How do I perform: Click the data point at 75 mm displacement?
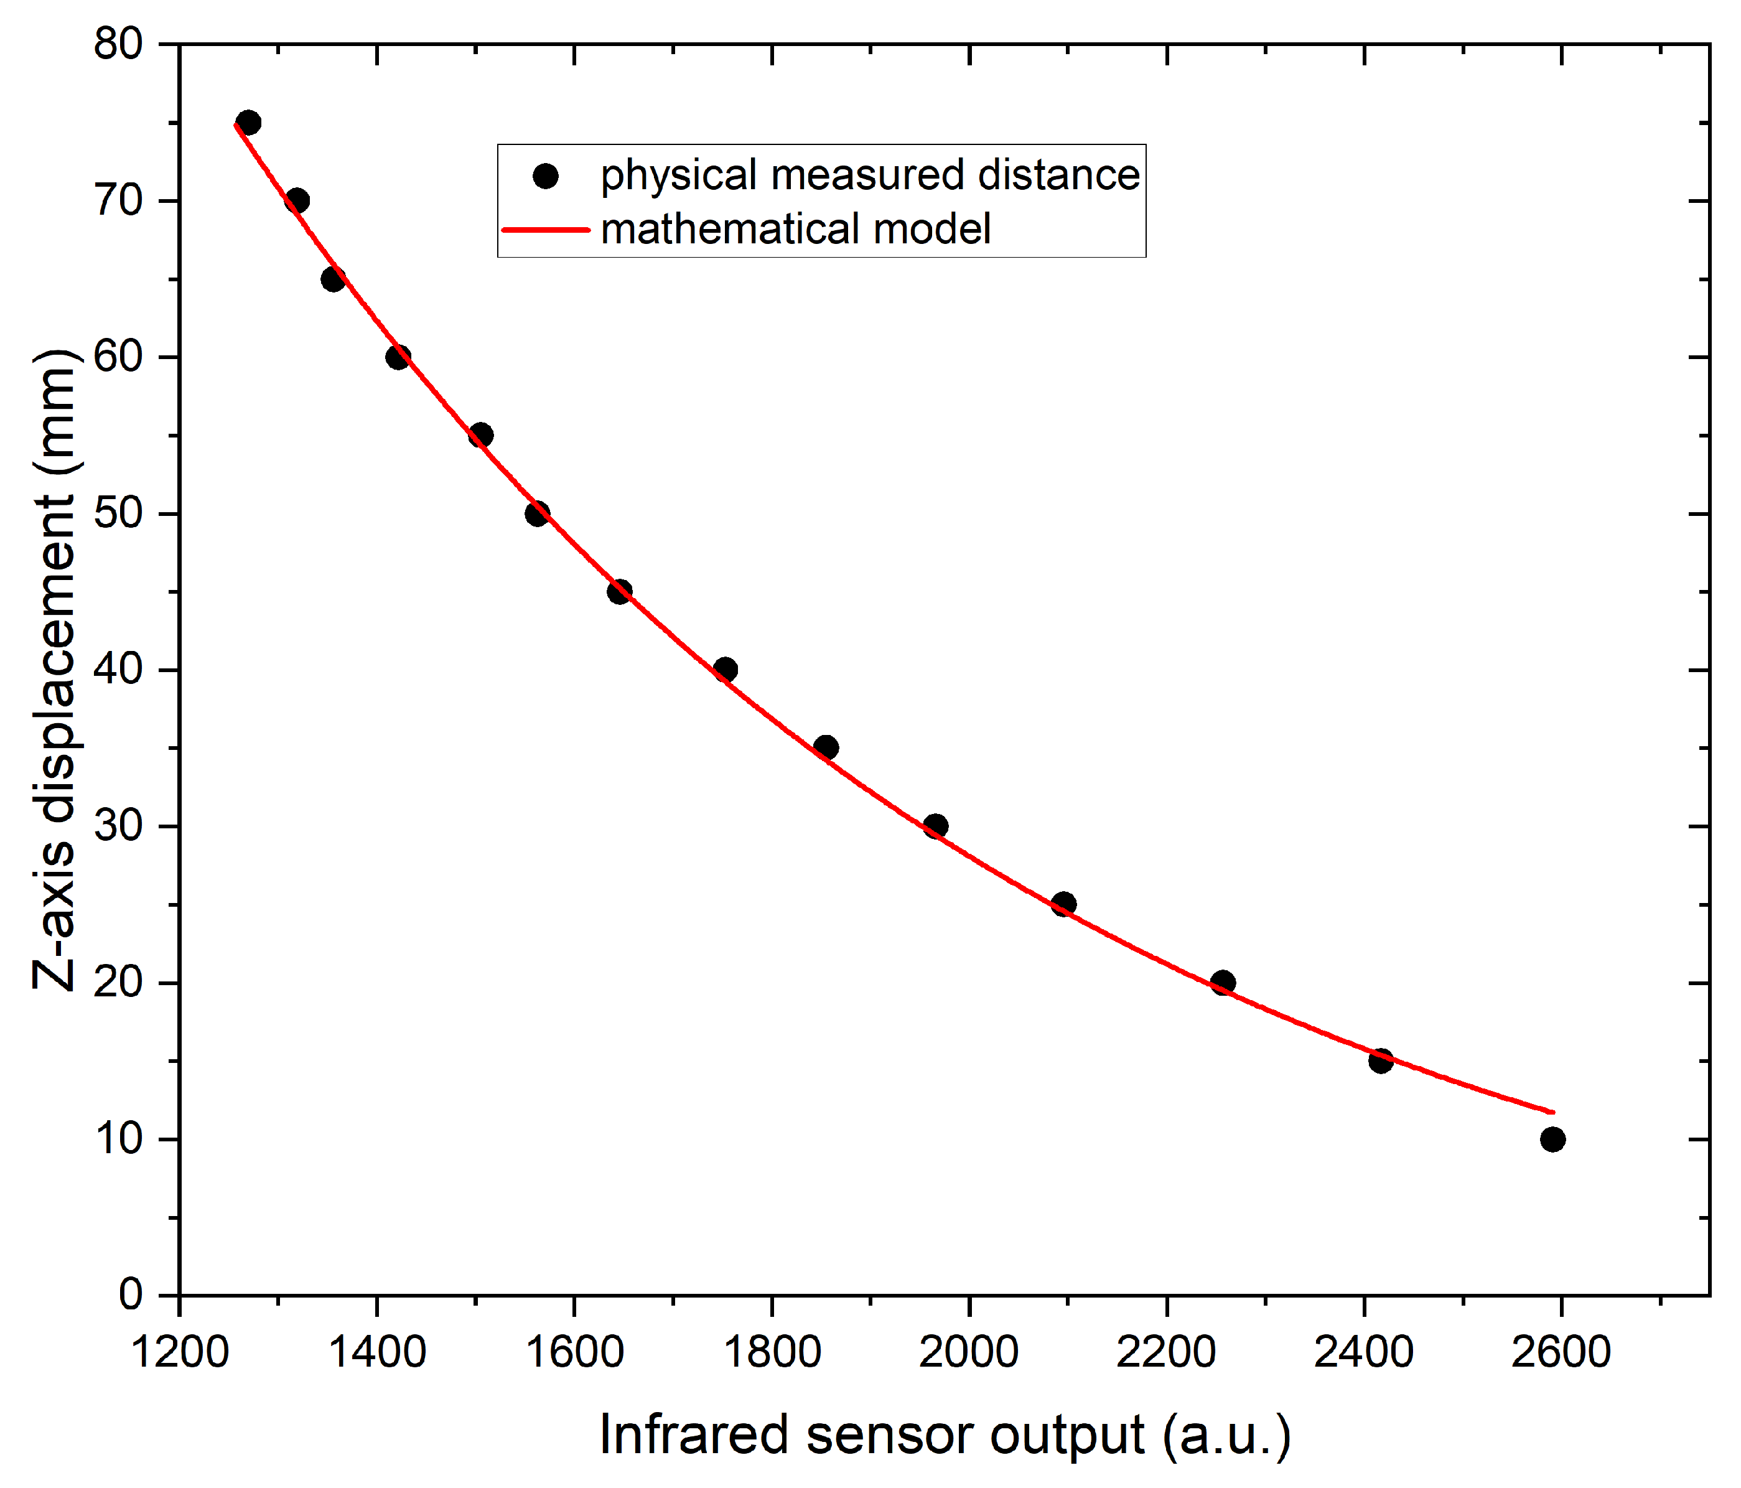249,123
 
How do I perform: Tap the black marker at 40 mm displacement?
725,670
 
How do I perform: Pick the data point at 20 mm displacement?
1223,982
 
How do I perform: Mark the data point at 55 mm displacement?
480,435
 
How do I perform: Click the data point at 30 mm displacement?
935,826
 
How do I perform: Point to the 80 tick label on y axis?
118,44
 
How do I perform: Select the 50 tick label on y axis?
118,513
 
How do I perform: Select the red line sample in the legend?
546,230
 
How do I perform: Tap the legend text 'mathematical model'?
796,230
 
